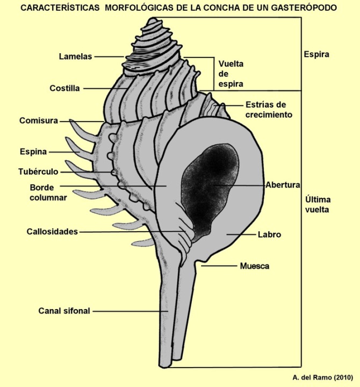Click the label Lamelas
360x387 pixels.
pos(76,56)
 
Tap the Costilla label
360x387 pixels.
pos(65,88)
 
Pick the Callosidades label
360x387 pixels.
pos(52,232)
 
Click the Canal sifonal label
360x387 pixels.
pos(64,311)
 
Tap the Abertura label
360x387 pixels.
pos(283,184)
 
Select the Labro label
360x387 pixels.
pos(270,235)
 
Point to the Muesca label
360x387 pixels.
pos(254,266)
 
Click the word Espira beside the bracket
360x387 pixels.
pos(316,54)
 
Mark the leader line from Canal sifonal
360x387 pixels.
pos(134,311)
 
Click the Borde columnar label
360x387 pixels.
pos(48,192)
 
